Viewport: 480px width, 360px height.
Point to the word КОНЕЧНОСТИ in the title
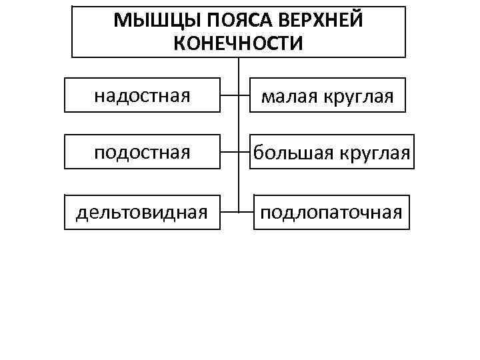(x=238, y=43)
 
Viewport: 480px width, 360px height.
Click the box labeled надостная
(x=142, y=95)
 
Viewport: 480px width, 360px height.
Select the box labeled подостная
(x=142, y=153)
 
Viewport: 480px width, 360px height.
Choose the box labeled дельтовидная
(x=142, y=212)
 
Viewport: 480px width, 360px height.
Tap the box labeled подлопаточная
(x=331, y=212)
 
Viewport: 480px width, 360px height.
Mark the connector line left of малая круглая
(x=245, y=95)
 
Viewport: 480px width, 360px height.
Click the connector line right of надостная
(x=229, y=95)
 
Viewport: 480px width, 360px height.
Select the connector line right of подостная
(x=229, y=153)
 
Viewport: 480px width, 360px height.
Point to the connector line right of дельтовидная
(x=229, y=212)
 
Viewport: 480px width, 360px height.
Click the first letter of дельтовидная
(x=81, y=213)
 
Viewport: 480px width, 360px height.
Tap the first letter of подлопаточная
(x=265, y=213)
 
